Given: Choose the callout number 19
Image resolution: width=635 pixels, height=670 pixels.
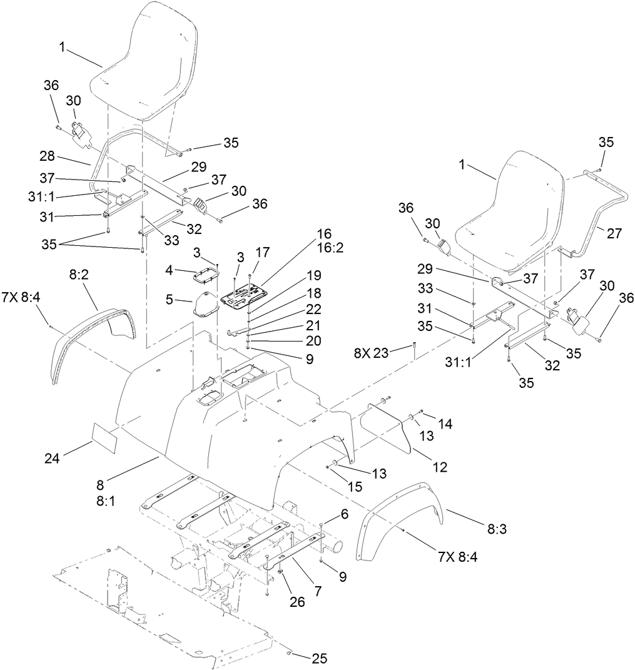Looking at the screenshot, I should (x=312, y=275).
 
